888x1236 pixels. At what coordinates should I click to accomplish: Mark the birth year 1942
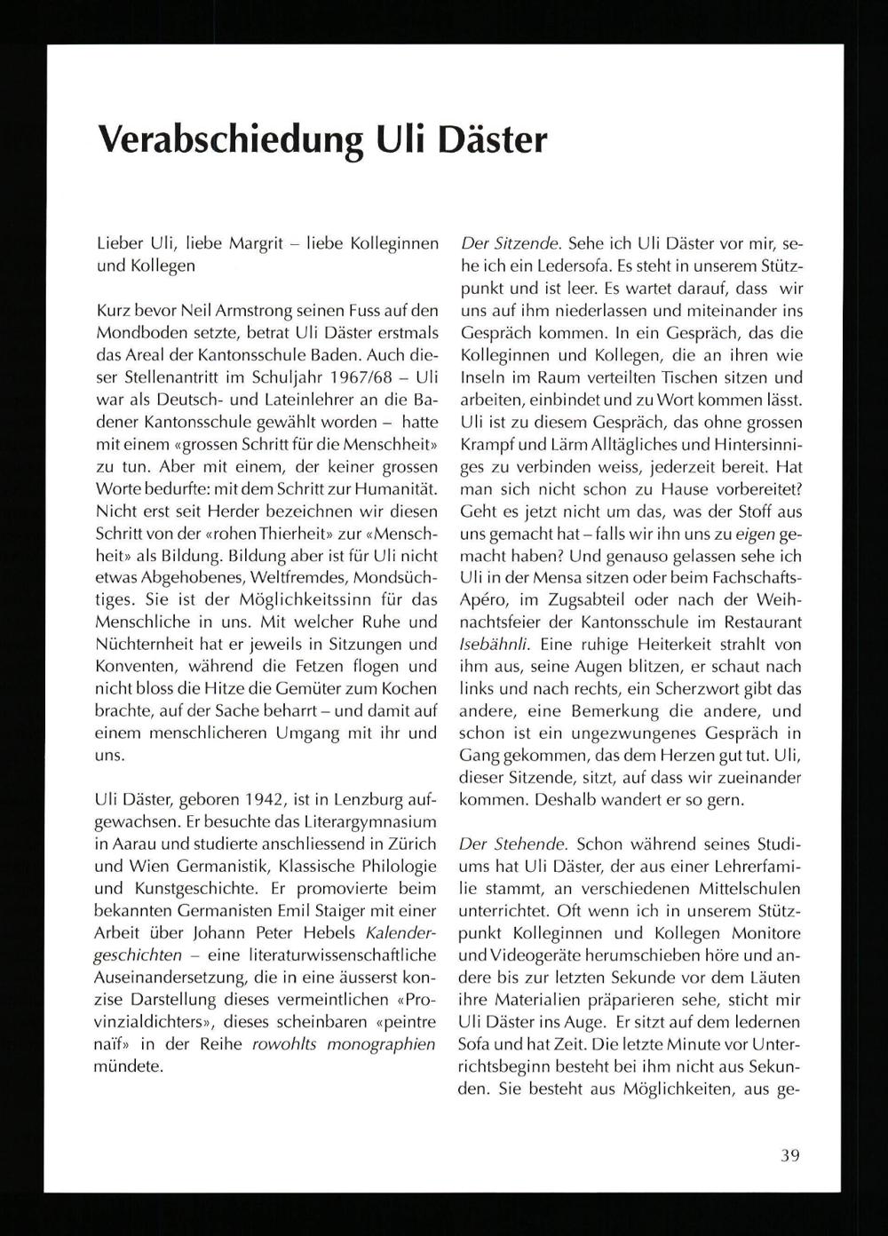point(270,799)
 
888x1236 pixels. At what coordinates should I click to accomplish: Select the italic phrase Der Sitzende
point(509,243)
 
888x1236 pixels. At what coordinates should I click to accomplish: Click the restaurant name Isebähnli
point(492,645)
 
